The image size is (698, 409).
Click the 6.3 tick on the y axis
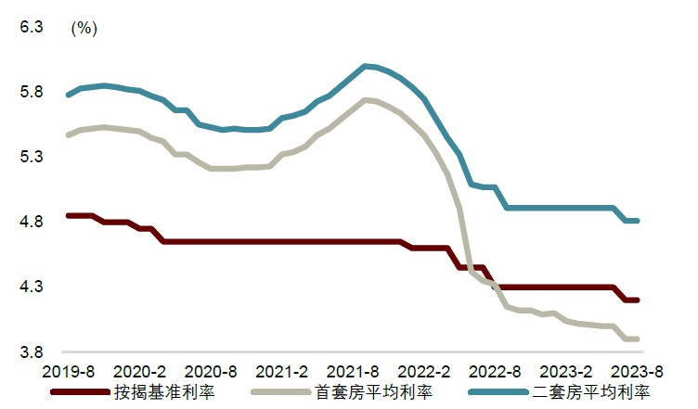tap(32, 28)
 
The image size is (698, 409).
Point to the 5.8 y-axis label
tap(32, 93)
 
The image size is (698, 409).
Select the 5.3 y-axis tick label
tap(32, 158)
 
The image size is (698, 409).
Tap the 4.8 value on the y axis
tap(32, 223)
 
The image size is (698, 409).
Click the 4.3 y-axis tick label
tap(32, 288)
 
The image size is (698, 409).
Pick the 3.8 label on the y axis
tap(32, 352)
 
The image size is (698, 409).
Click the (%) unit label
tap(84, 28)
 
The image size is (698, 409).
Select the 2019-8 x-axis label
tap(69, 371)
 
